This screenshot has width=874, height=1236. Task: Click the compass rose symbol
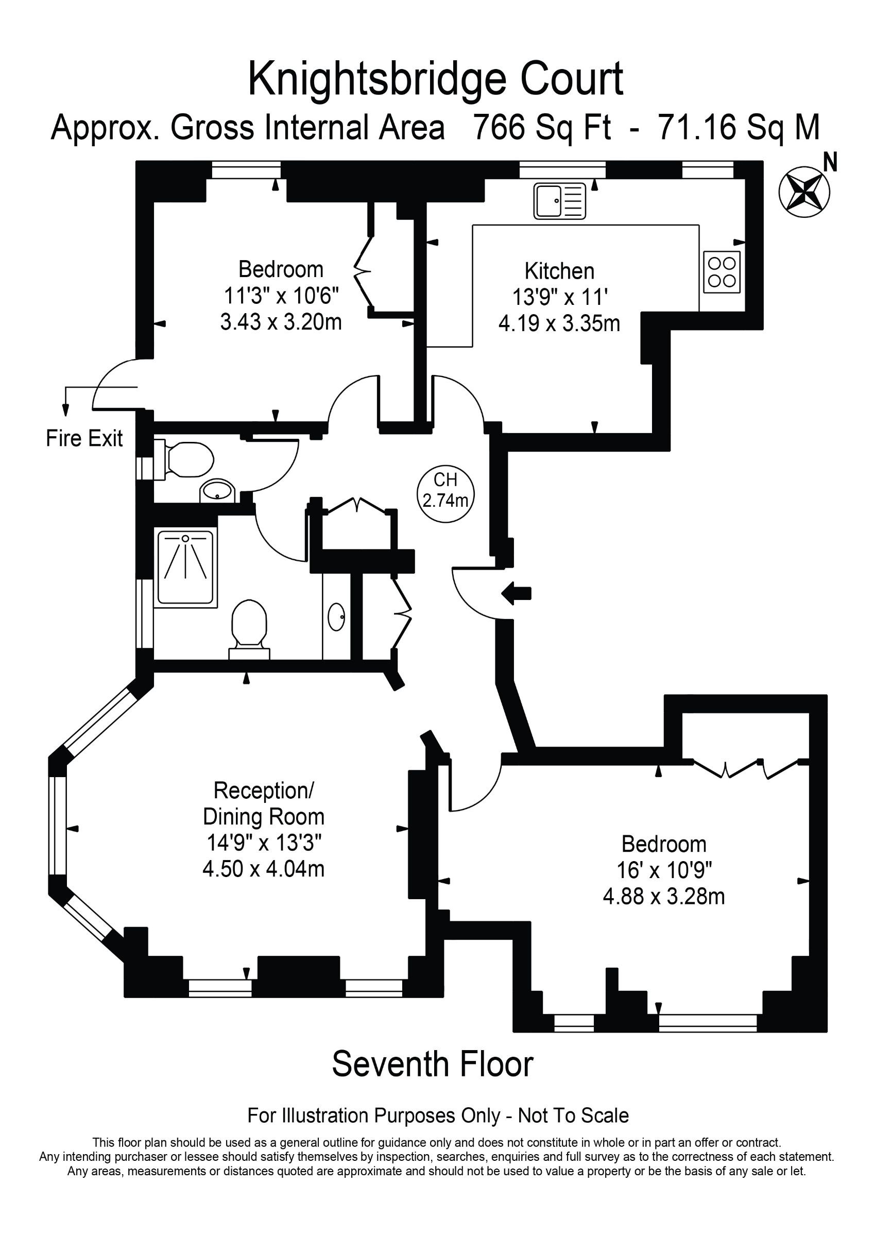pyautogui.click(x=804, y=192)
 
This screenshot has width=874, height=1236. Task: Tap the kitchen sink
pyautogui.click(x=560, y=201)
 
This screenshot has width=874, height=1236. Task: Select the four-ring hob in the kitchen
pyautogui.click(x=722, y=272)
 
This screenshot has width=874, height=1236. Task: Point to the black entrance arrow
pyautogui.click(x=517, y=594)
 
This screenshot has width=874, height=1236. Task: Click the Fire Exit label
pyautogui.click(x=84, y=438)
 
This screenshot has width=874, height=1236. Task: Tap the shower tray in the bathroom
pyautogui.click(x=185, y=568)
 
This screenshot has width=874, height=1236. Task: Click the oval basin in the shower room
pyautogui.click(x=336, y=616)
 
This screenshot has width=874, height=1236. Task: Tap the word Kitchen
pyautogui.click(x=559, y=271)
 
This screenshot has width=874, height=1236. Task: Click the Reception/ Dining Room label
pyautogui.click(x=263, y=803)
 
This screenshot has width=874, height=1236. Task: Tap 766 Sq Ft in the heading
pyautogui.click(x=542, y=128)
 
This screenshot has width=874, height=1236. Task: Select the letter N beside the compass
pyautogui.click(x=830, y=162)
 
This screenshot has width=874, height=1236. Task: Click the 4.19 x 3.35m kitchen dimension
pyautogui.click(x=559, y=323)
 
